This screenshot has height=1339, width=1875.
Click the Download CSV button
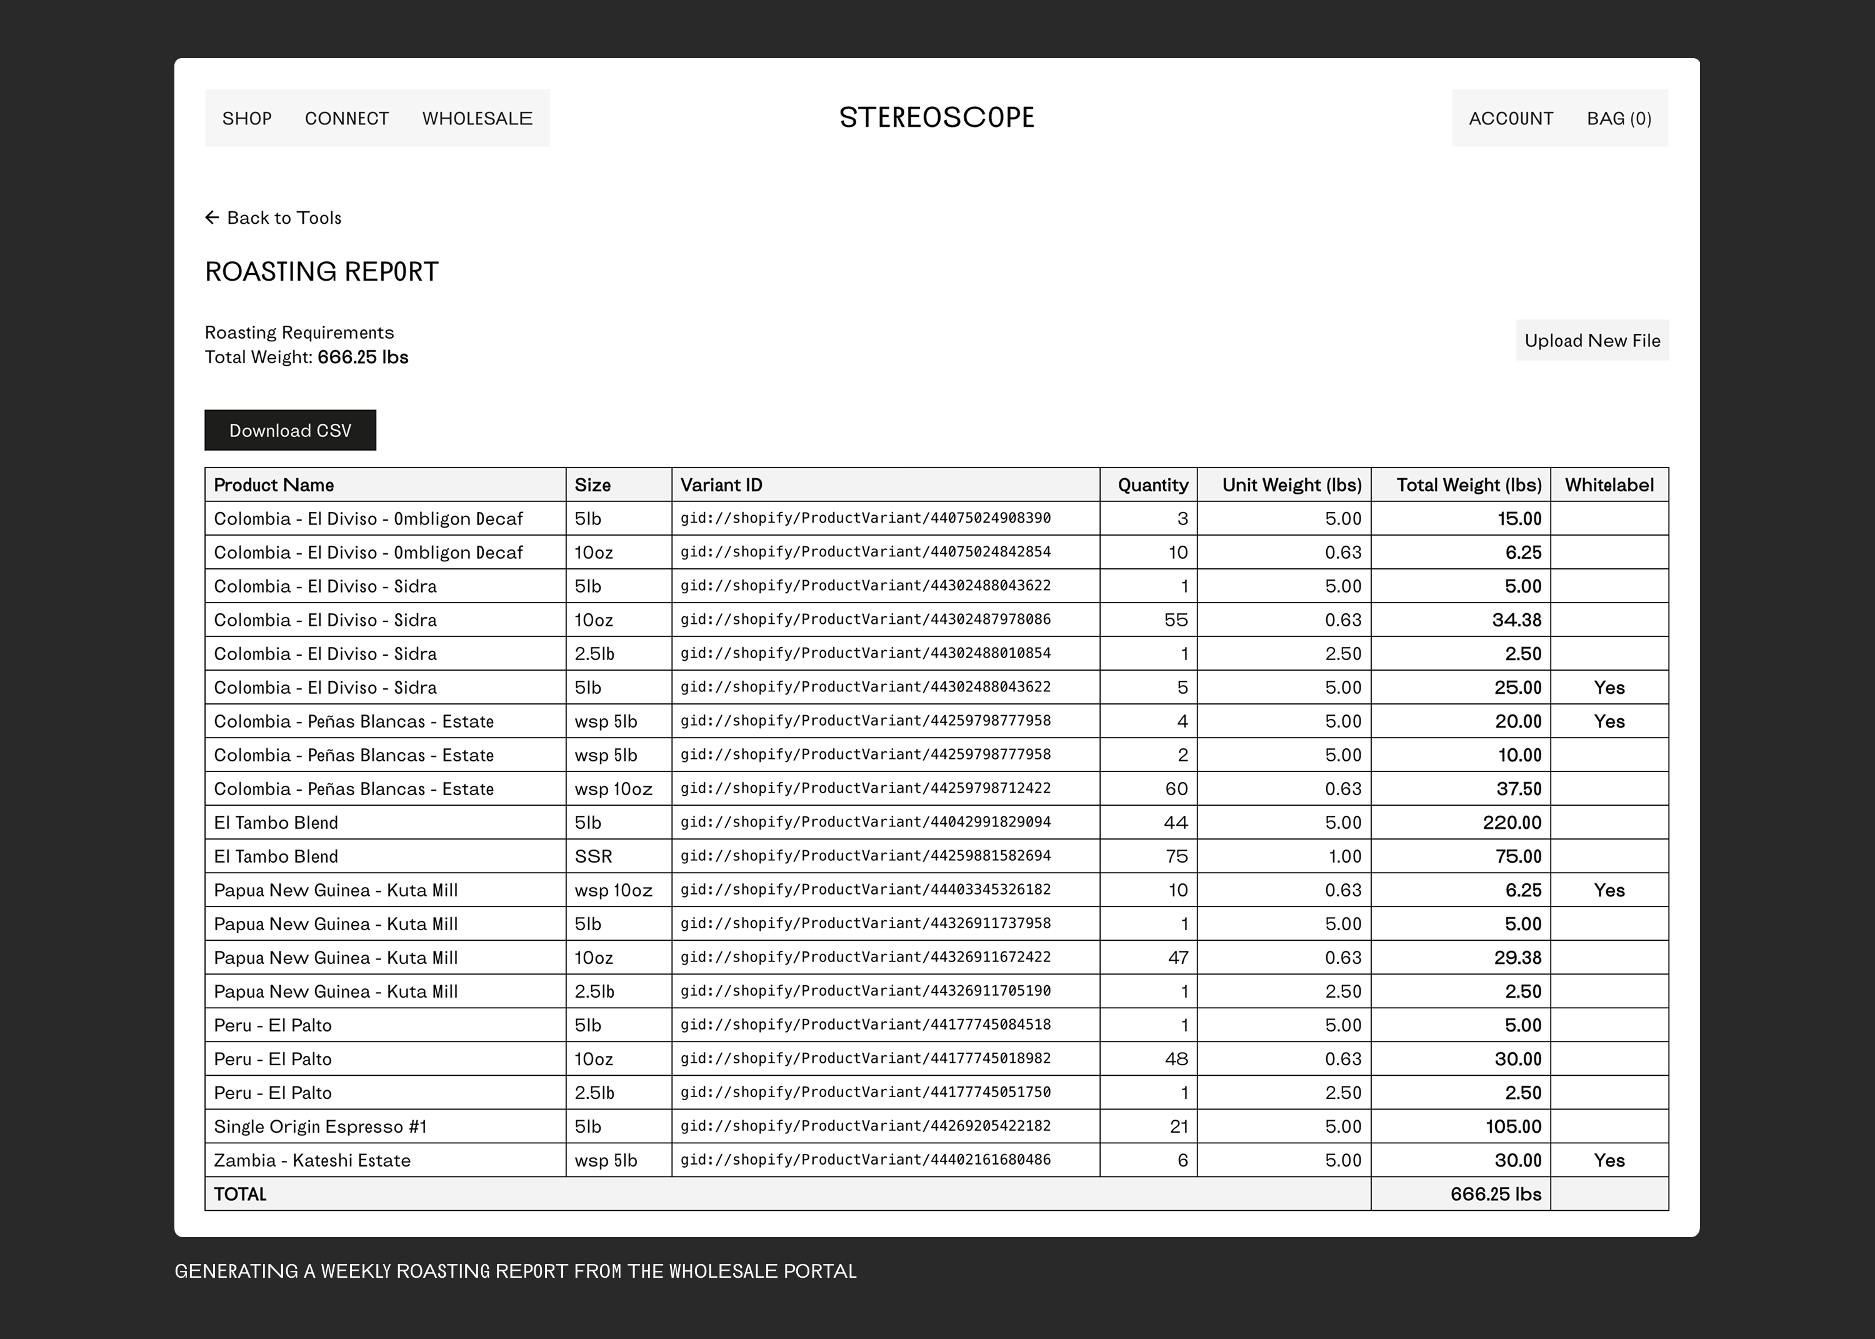coord(290,430)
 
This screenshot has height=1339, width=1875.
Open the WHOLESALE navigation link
coord(477,119)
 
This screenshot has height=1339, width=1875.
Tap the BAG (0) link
coord(1619,119)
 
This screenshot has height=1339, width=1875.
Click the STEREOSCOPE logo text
coord(936,118)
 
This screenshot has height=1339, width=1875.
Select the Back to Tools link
coord(274,218)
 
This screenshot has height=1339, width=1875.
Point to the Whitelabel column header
coord(1609,485)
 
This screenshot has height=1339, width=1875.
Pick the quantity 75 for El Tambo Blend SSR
coord(1176,856)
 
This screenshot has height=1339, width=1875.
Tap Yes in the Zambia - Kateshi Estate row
coord(1609,1161)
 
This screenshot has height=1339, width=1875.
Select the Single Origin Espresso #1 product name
coord(321,1127)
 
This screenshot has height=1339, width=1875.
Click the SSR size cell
coord(593,856)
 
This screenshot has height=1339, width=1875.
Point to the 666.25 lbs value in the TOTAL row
coord(1495,1195)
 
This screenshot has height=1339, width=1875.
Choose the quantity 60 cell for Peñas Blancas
coord(1176,789)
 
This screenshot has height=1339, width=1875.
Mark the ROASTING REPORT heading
coord(321,272)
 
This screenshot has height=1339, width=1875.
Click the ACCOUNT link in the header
coord(1511,119)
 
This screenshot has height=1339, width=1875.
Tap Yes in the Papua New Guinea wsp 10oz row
coord(1609,890)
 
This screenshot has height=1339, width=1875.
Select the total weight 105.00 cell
coord(1513,1127)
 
